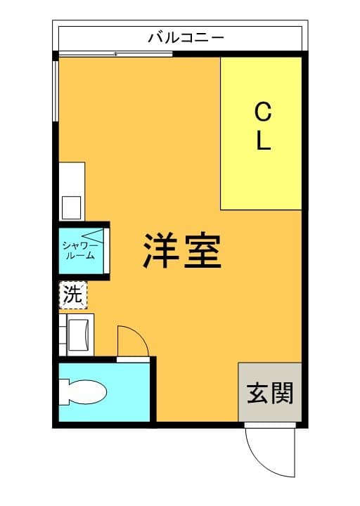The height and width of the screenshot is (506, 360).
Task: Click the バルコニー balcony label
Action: click(186, 37)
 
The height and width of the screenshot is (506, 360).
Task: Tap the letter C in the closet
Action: click(263, 112)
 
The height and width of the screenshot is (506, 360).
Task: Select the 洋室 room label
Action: click(183, 251)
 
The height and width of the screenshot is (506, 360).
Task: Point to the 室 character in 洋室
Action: click(203, 251)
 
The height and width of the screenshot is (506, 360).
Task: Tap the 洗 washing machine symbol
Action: click(72, 295)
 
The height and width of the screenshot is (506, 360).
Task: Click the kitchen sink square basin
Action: click(72, 207)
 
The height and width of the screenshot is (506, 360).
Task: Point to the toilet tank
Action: click(64, 391)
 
